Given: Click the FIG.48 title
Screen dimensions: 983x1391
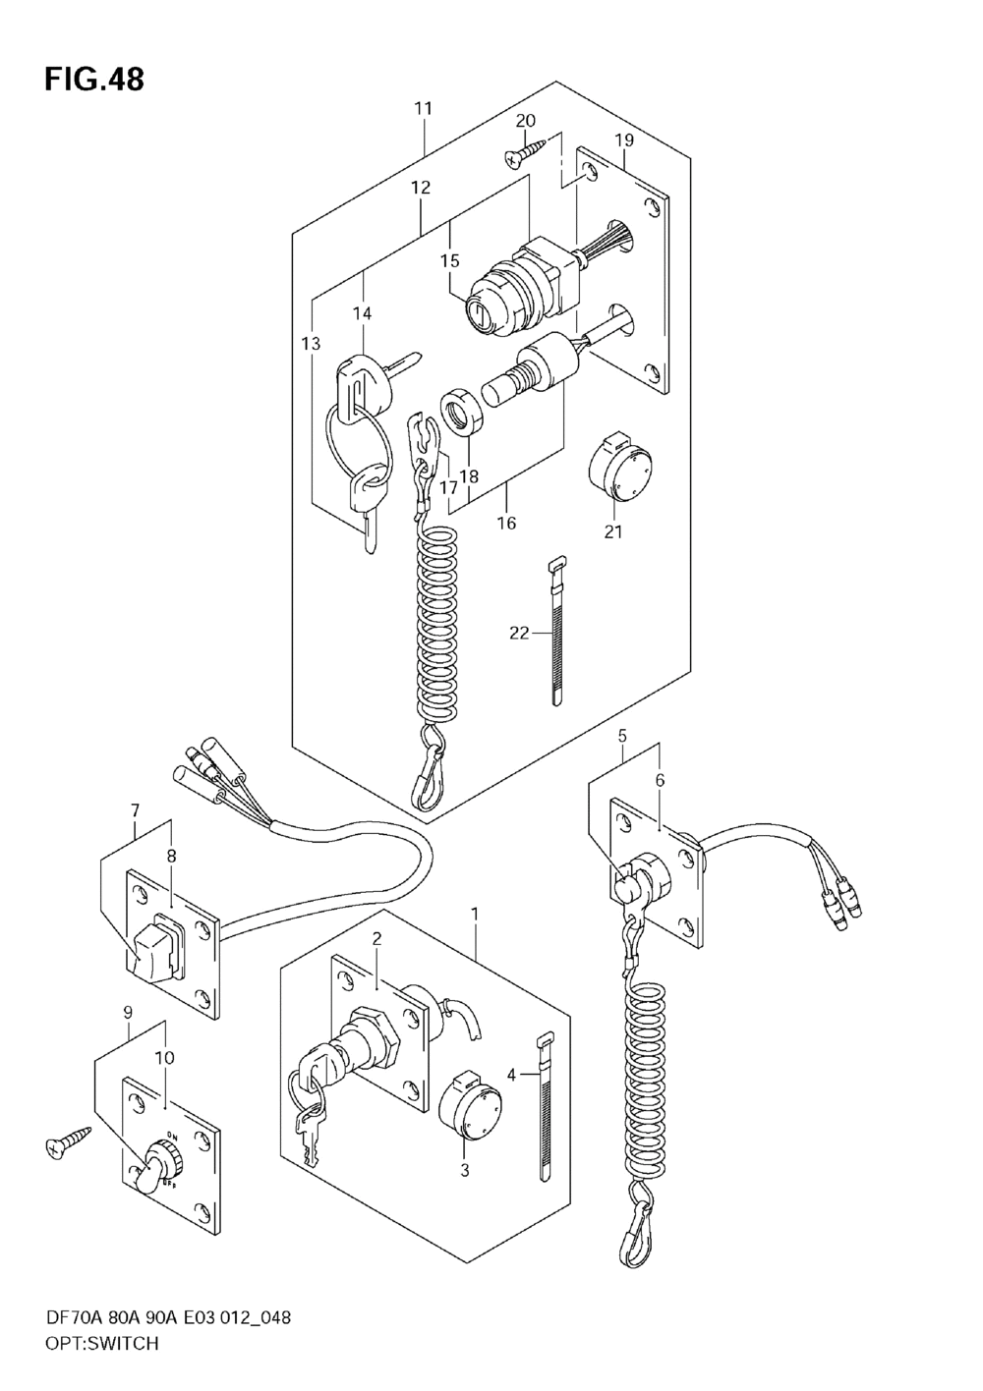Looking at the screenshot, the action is click(94, 79).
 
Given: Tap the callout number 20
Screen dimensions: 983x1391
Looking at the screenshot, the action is click(525, 121).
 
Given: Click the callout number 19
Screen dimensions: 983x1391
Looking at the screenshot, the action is click(624, 140).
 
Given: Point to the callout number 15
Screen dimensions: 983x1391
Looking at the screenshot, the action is click(450, 261).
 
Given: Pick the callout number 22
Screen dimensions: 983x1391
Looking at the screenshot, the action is click(519, 633).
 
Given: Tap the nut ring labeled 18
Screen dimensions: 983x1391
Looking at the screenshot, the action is click(462, 414).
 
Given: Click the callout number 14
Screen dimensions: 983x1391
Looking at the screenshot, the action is click(363, 313).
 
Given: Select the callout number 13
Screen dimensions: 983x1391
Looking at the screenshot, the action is click(311, 343).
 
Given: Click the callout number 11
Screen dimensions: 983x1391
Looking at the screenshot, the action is click(423, 108).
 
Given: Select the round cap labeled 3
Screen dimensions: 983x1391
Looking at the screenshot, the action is click(472, 1106).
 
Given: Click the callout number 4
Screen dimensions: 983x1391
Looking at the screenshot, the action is click(511, 1074).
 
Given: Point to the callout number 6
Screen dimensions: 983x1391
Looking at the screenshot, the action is click(660, 779).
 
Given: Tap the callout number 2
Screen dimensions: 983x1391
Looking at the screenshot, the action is click(376, 957).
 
